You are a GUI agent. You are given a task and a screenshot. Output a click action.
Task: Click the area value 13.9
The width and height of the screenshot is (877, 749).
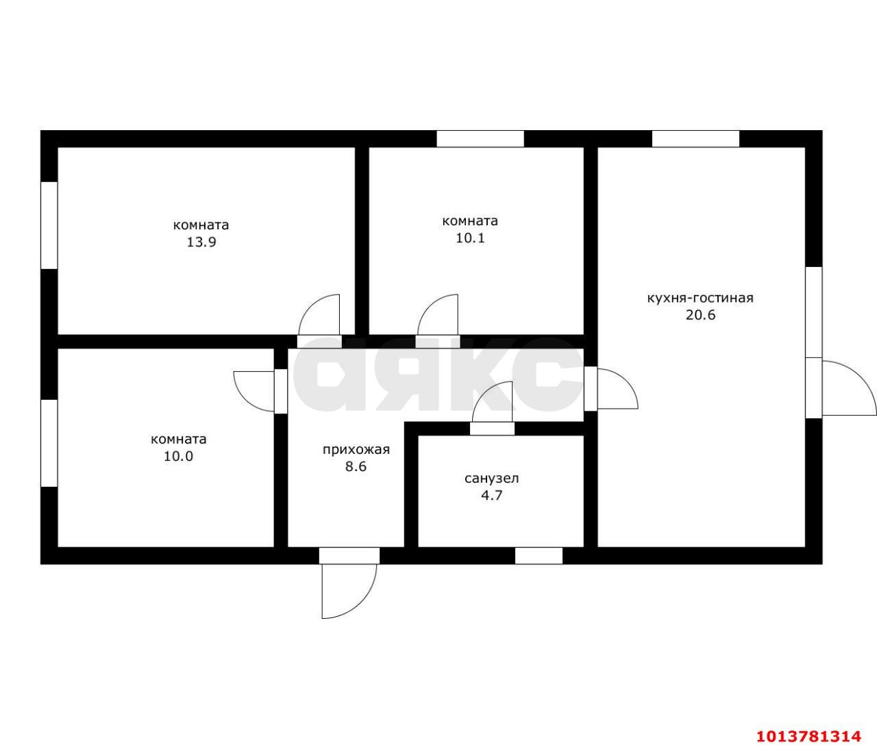[201, 242]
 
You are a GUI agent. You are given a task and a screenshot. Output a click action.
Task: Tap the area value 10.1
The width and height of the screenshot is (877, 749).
[470, 238]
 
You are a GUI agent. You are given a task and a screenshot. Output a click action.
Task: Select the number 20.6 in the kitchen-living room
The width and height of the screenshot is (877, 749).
[700, 315]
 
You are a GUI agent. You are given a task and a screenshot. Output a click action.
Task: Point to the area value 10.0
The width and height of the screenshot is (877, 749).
[179, 456]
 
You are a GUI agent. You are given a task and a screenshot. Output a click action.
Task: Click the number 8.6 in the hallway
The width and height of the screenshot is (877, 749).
[356, 466]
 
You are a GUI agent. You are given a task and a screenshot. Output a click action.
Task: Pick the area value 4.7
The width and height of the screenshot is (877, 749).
[492, 495]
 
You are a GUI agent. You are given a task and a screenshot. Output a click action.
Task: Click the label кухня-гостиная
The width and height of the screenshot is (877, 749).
[700, 298]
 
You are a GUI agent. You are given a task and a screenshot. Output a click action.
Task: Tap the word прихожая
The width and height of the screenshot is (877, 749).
[356, 449]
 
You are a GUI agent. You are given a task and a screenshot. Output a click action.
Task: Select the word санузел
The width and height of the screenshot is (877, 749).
[492, 479]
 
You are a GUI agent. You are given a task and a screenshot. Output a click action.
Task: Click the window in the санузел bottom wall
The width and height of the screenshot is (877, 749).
[539, 555]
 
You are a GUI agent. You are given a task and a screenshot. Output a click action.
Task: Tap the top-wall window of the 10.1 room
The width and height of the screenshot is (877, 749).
[480, 139]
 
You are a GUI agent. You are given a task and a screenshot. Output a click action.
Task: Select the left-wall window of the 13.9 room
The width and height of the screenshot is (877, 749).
[49, 225]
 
